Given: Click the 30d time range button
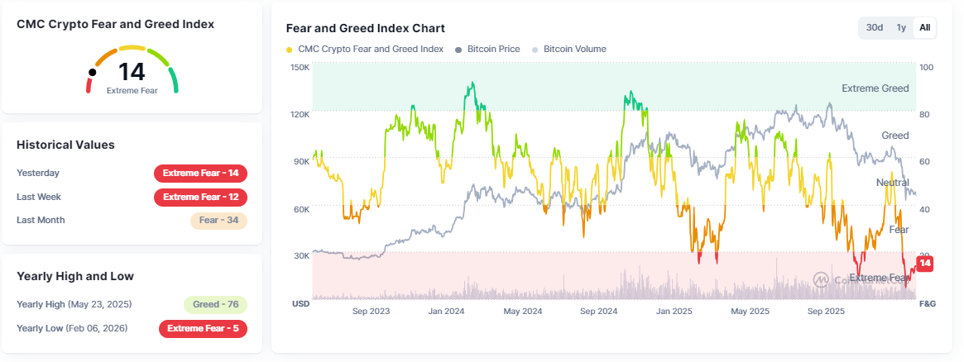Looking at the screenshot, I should point(875,27).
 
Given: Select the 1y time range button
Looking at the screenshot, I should point(901,27).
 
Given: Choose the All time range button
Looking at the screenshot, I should point(924,27).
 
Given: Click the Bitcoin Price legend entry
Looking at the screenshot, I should point(493,49).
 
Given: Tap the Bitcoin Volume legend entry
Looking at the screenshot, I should point(573,49).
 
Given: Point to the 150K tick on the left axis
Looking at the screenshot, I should point(300,67).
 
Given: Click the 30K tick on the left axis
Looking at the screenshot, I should point(300,256).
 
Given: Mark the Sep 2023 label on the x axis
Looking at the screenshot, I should point(371,312).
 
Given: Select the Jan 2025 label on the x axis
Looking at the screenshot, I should point(674,312).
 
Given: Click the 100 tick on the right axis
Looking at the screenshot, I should point(926,67).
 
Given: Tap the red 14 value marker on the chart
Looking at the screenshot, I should point(925,264).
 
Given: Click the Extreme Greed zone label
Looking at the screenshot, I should point(875,88).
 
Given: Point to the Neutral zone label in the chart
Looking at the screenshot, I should point(892,182).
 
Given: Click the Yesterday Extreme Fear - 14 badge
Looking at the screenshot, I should point(200,174).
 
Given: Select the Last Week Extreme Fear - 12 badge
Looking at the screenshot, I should point(200,198).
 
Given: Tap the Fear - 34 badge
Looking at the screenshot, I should point(218,221).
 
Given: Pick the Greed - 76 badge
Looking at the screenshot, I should point(215,304).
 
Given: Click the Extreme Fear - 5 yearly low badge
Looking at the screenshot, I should point(203,328).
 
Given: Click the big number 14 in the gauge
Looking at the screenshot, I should point(132,72).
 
